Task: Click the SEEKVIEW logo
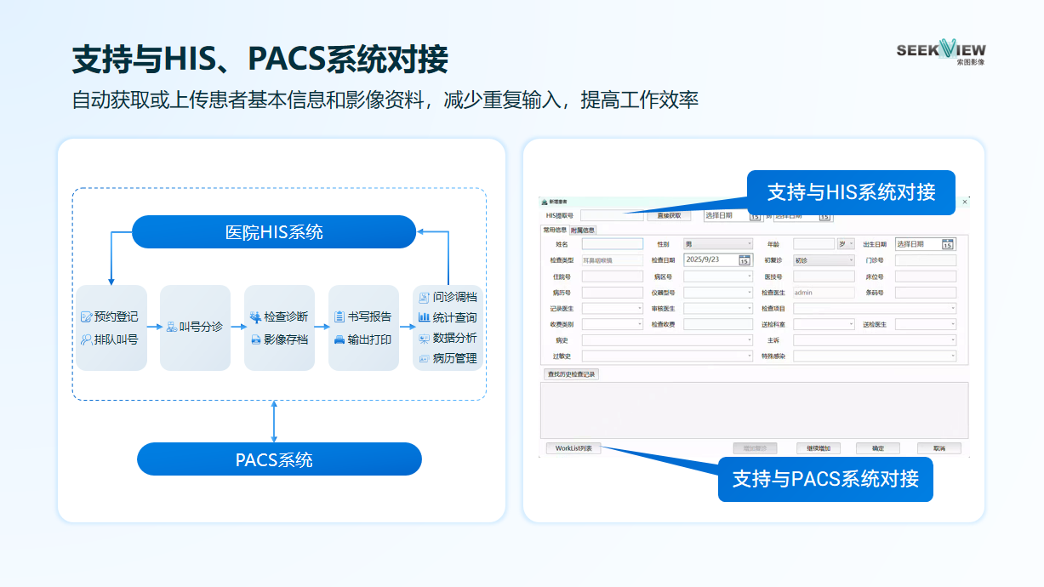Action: (940, 52)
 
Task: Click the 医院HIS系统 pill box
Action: (274, 232)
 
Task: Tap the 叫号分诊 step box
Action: (195, 328)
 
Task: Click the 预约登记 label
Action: (116, 317)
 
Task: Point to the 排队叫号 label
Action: (116, 339)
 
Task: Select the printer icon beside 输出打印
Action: (339, 339)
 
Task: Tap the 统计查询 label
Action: (454, 317)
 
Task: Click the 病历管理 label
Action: (454, 358)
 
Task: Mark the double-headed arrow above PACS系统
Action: (274, 421)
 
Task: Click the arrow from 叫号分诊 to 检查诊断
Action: (237, 327)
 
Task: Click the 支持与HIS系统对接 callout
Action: (851, 192)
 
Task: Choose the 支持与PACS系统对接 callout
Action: (825, 479)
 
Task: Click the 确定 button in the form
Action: (878, 448)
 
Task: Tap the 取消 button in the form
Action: (938, 448)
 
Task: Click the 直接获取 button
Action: (669, 216)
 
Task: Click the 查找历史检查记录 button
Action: (571, 374)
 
